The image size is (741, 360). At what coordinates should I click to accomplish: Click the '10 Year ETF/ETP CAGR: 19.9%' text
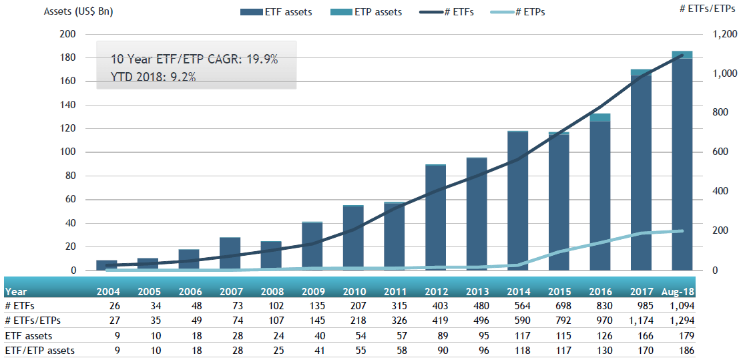click(194, 59)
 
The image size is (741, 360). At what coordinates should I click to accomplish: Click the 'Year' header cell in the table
click(17, 292)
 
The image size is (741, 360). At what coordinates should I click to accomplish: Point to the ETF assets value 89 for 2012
click(438, 336)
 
